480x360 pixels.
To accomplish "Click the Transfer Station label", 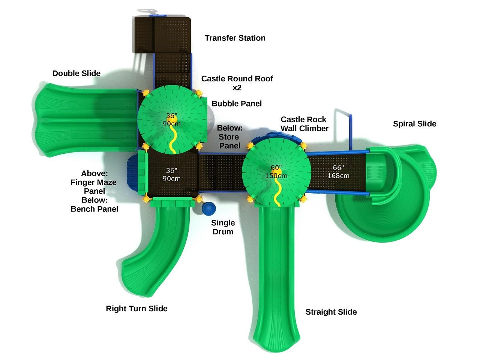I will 235,38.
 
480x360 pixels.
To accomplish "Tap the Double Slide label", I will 76,73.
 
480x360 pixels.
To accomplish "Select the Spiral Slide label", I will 414,124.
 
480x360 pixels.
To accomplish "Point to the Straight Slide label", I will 331,312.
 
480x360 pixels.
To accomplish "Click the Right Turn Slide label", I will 136,309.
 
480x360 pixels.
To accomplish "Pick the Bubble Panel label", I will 237,103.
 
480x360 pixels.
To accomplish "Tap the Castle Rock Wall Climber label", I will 304,124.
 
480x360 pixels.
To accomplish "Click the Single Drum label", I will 223,227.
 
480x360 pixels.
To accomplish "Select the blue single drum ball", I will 208,209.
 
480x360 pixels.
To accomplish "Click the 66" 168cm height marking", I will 338,172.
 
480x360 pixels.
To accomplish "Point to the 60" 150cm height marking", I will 276,172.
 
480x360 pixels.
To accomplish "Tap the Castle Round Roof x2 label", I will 237,83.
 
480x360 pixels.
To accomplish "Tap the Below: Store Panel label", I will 229,136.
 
